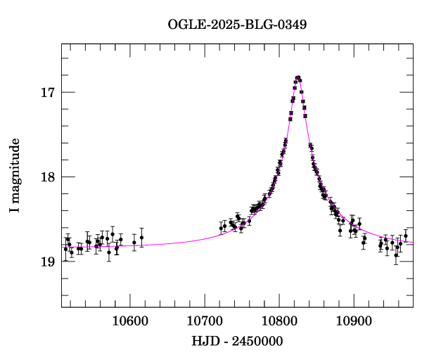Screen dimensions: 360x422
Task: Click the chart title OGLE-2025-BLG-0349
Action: [237, 25]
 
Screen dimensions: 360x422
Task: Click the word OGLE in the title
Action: [183, 25]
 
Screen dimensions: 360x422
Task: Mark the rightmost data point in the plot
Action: [406, 236]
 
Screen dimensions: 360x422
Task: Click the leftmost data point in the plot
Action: [65, 249]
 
